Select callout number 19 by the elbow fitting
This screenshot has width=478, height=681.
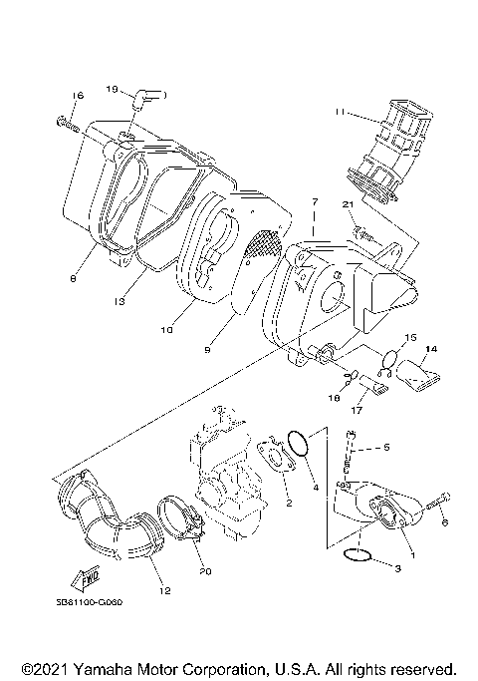114,89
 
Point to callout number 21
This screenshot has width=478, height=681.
349,204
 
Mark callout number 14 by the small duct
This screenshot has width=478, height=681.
431,349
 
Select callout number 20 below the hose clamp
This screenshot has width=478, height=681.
205,571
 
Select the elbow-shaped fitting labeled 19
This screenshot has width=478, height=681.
150,97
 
